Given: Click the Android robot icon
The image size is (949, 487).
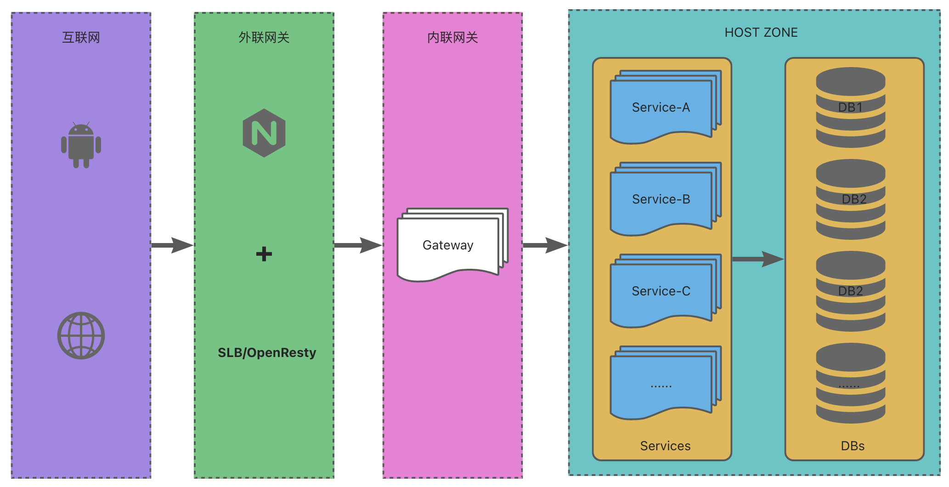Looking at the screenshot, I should coord(81,145).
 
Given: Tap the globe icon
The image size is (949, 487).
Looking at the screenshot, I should coord(81,335).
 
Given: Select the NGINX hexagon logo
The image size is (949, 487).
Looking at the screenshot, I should coord(264,133).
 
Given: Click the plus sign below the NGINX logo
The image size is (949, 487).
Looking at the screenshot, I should coord(264,254).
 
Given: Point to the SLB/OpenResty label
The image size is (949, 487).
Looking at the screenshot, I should coord(267,352).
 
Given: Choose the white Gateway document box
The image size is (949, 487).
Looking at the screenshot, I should coord(448,245).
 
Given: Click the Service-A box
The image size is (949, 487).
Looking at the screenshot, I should coord(661,108).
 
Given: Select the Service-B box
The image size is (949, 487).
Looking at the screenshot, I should coord(661,199).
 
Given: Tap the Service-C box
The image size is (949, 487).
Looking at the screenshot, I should coord(661,291).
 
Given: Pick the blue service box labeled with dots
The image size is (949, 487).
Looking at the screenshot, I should coord(661,383).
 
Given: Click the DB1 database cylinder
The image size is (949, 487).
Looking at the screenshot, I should coord(850,108).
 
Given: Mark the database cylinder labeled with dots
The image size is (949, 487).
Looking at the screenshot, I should coord(850,383).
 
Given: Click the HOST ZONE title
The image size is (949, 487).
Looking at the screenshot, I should coord(761,33).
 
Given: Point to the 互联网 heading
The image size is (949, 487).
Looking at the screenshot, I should coord(81,37).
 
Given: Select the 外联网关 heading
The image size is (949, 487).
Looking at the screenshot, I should coord(264,37).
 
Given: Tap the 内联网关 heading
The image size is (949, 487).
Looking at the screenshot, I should coord(452,37).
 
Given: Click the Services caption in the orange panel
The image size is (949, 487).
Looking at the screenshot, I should coord(665,446).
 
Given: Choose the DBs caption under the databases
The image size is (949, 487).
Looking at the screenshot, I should coord(853,446).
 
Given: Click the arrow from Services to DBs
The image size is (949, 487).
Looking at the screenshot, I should coord(757,259).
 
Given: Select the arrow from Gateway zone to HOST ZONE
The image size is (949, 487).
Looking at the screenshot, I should coord(545,245).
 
